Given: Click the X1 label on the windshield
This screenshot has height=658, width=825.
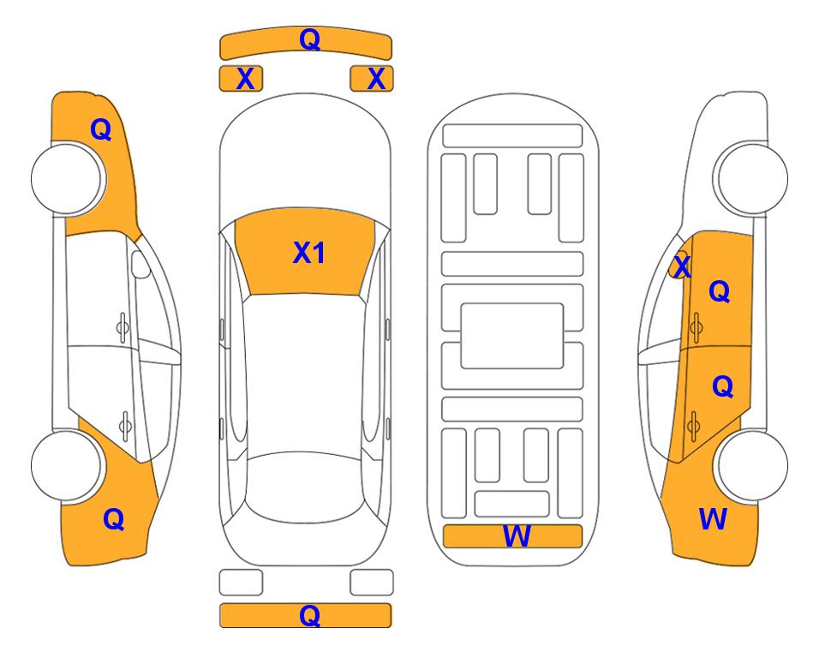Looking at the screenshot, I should click(x=308, y=253).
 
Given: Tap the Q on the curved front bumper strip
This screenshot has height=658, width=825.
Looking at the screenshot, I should click(x=309, y=39).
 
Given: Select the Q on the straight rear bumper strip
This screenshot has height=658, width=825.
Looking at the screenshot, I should click(x=309, y=615).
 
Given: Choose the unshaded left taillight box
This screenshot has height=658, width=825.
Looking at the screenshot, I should click(x=241, y=583).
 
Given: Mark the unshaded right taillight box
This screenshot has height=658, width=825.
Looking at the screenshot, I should click(x=372, y=583).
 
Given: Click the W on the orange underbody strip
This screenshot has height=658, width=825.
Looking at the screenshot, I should click(x=517, y=536).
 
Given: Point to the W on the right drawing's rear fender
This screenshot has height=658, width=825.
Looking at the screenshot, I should click(x=713, y=518).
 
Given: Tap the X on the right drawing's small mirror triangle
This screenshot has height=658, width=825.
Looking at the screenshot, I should click(x=682, y=268).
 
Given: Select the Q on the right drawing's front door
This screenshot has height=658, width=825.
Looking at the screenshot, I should click(x=720, y=292).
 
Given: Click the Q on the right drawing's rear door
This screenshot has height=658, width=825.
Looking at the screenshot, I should click(x=722, y=387).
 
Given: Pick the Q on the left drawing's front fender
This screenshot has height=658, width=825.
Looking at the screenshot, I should click(x=101, y=129).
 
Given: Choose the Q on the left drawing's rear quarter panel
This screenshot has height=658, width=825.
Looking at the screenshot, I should click(x=113, y=518).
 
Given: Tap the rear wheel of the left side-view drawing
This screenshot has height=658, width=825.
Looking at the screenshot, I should click(x=67, y=465).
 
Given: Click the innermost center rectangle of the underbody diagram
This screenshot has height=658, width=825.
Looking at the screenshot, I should click(x=512, y=335).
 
